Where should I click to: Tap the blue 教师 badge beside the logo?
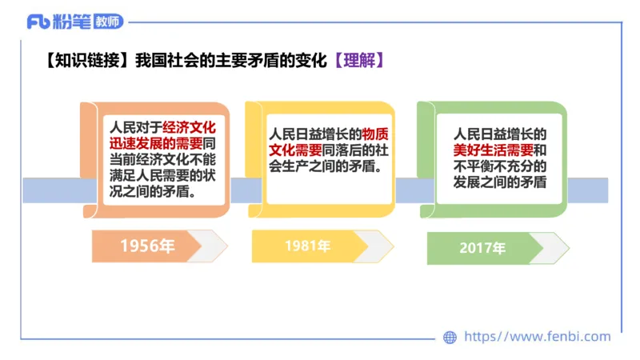pos(107,22)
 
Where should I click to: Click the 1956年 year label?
pos(147,246)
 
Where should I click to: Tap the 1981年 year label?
pos(307,246)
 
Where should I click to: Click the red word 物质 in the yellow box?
pos(374,134)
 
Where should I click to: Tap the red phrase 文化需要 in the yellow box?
pos(295,150)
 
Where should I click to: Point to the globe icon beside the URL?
pos(450,338)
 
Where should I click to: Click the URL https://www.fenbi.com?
pos(537,338)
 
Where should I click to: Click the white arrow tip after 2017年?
pos(552,248)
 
